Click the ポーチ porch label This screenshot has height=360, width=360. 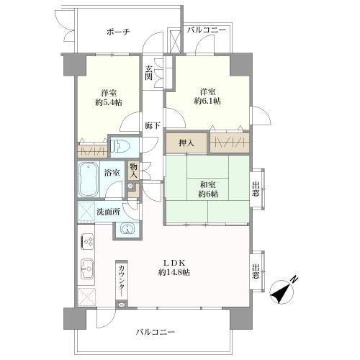click(118, 32)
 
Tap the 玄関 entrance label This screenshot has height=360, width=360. click(149, 73)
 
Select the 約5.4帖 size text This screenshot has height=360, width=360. click(109, 102)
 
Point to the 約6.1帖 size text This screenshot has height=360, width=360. click(207, 101)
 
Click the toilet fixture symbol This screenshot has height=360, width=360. click(120, 146)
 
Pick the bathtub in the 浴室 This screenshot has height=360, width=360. click(88, 179)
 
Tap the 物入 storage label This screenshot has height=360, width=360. click(133, 171)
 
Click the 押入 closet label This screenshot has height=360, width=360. click(186, 143)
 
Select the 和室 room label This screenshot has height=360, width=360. click(208, 184)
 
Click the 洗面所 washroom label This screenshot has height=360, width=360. click(108, 212)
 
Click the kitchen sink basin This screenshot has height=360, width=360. click(87, 269)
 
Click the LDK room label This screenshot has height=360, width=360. click(174, 264)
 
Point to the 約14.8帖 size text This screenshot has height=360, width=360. click(174, 273)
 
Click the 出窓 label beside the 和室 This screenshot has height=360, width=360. click(256, 189)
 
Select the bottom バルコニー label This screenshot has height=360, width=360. click(156, 332)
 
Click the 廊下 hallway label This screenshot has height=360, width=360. click(152, 125)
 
